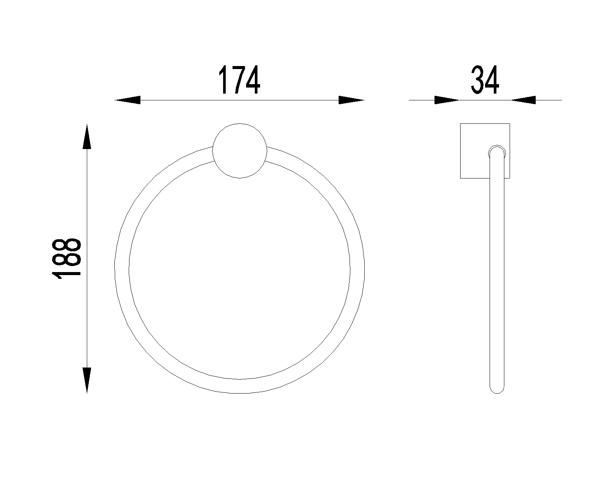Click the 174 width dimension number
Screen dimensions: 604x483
click(x=239, y=80)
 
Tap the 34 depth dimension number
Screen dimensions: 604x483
click(x=485, y=80)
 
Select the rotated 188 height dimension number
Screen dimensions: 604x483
click(x=66, y=259)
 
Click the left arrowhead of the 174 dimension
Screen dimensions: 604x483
click(x=128, y=100)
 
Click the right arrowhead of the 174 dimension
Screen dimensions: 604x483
click(x=351, y=100)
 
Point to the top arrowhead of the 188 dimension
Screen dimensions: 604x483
click(x=87, y=136)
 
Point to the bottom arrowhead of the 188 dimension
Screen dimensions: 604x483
click(x=87, y=380)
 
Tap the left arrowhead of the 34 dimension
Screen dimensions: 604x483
click(x=447, y=100)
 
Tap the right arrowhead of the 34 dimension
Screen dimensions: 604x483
click(x=523, y=100)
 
